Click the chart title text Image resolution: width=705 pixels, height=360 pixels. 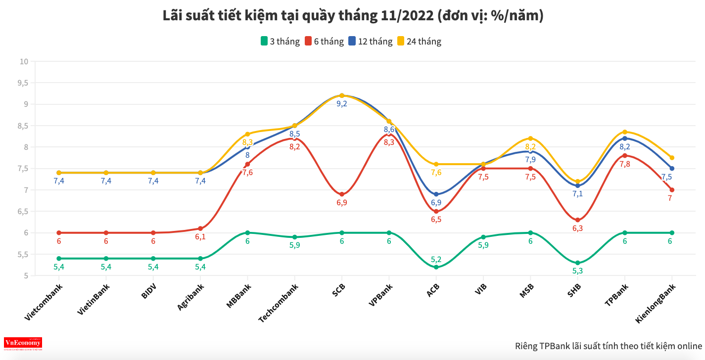tap(353, 16)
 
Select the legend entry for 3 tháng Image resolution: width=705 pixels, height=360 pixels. tap(280, 42)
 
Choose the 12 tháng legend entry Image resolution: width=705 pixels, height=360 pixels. tap(370, 42)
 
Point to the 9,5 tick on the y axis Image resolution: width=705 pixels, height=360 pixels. tap(23, 83)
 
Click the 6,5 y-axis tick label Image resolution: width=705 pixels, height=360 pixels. tap(23, 212)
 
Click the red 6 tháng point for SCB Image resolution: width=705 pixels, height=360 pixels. tap(342, 194)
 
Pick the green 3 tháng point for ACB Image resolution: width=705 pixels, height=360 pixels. tap(436, 267)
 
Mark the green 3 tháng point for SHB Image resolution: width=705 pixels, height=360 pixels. tap(578, 263)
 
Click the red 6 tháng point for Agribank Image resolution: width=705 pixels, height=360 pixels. tap(200, 228)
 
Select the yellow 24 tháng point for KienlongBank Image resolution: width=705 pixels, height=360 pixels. tap(672, 158)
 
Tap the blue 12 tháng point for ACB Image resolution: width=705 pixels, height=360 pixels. tap(436, 194)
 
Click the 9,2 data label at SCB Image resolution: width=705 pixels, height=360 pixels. tap(342, 104)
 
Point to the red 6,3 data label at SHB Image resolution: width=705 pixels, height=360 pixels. tap(578, 228)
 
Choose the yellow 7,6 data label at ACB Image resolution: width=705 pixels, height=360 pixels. tap(436, 173)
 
